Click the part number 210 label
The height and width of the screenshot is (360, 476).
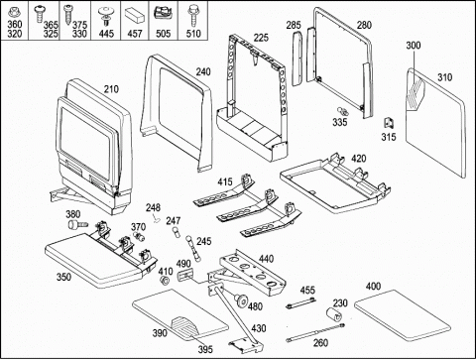111,89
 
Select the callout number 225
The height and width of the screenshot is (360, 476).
261,38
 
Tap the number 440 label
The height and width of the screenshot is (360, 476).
266,259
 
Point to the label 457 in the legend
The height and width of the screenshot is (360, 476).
135,34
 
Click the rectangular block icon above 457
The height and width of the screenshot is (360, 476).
135,15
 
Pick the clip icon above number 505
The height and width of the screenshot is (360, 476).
163,13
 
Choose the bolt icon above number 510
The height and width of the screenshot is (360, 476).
192,15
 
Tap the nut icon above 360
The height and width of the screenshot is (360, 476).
13,13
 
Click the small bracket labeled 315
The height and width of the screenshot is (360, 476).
389,123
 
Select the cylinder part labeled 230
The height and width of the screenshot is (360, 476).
334,314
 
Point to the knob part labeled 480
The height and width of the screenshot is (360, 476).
241,300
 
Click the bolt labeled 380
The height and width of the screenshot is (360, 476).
77,225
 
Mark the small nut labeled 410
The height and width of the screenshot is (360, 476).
165,282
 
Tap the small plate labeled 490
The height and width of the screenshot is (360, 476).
186,275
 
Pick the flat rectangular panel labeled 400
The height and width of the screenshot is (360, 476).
403,316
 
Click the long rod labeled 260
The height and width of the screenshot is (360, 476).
315,332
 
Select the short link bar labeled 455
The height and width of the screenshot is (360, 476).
300,302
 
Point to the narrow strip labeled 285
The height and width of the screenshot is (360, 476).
297,59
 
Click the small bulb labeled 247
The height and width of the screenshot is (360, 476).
177,233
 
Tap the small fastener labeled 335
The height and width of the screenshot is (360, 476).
343,111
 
